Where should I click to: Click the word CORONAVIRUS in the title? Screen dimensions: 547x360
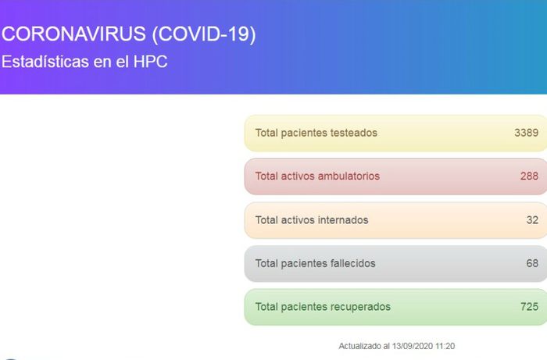(x=73, y=34)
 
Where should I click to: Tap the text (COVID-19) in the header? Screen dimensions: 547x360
(x=204, y=34)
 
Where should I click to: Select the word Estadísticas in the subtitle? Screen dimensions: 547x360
(x=45, y=62)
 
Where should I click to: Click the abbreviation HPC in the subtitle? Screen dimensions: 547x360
(x=150, y=62)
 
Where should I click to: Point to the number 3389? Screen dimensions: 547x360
(x=526, y=133)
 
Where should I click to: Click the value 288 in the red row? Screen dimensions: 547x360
(x=529, y=176)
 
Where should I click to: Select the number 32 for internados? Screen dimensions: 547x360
(x=532, y=220)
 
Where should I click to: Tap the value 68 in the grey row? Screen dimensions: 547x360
(x=532, y=263)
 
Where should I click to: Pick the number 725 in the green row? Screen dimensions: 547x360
(x=529, y=307)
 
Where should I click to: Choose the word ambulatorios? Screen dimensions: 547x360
(x=349, y=176)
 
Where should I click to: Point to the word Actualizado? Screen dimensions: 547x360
(x=360, y=346)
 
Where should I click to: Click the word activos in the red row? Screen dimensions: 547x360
(x=298, y=176)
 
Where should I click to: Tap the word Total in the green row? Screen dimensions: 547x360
(x=266, y=307)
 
